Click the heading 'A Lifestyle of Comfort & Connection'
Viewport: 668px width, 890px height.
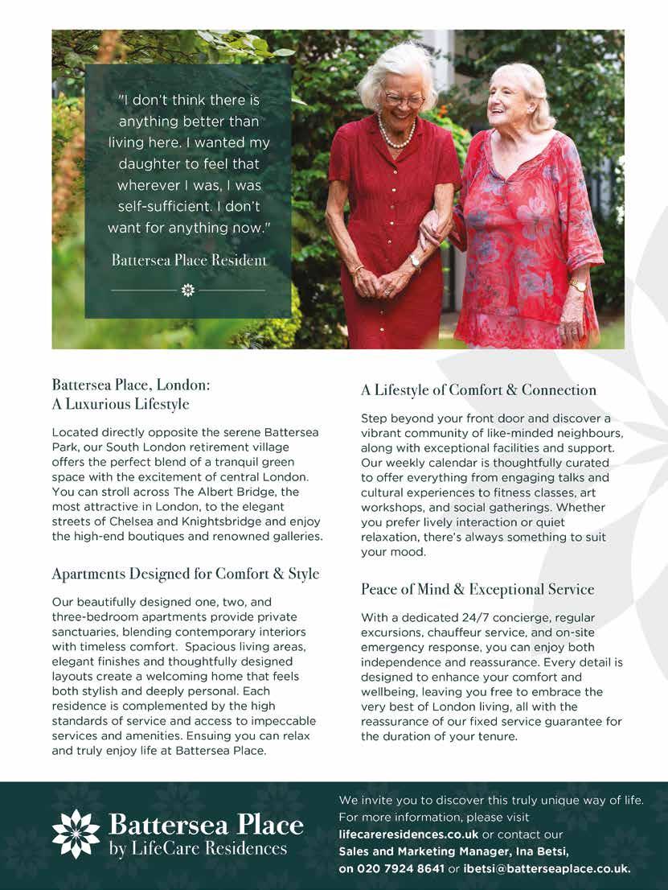pyautogui.click(x=478, y=390)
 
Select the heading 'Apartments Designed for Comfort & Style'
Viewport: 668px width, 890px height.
pyautogui.click(x=186, y=574)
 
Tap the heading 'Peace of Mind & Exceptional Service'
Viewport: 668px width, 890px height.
pyautogui.click(x=477, y=589)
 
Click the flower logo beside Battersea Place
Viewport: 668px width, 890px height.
pyautogui.click(x=76, y=834)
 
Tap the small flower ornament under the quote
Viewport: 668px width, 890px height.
pyautogui.click(x=188, y=289)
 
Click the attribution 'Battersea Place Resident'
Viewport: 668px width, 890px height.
pyautogui.click(x=189, y=260)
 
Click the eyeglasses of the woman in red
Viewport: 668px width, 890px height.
pyautogui.click(x=404, y=100)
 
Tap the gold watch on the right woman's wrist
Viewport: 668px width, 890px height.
pyautogui.click(x=578, y=286)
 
